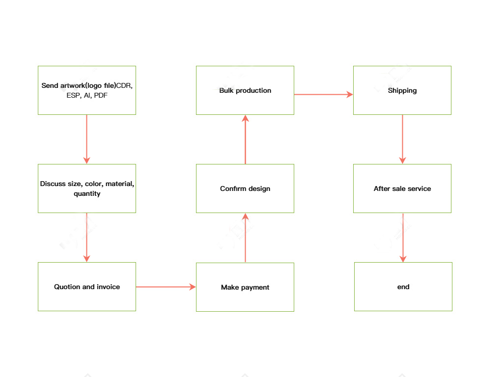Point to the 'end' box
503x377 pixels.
403,287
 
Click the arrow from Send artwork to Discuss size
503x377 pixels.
87,139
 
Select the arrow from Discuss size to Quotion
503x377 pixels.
87,238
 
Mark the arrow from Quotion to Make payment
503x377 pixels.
166,287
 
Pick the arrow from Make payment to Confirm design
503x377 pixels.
245,238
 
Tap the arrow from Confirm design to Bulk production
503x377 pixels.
245,139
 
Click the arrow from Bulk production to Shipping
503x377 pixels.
324,94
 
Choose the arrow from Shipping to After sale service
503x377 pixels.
402,139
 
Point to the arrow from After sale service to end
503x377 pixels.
403,238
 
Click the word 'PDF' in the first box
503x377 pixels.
101,96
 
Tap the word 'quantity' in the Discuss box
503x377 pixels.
87,194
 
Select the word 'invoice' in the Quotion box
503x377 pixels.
108,287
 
